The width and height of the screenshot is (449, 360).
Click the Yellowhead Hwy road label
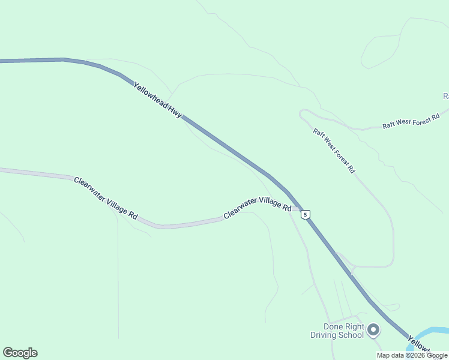point(158,100)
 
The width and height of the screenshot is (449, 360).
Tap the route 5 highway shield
point(306,214)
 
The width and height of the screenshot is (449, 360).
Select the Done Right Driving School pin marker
point(373,330)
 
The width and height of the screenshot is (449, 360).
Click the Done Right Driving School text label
point(336,331)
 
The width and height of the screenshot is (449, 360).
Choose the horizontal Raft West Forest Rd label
point(412,121)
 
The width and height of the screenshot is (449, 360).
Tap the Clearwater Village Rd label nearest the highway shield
point(258,208)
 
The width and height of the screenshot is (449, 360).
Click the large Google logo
point(20,353)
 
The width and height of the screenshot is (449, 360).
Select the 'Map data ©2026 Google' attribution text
point(412,355)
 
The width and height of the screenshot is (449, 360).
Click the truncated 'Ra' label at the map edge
point(445,96)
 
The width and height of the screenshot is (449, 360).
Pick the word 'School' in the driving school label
point(351,335)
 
